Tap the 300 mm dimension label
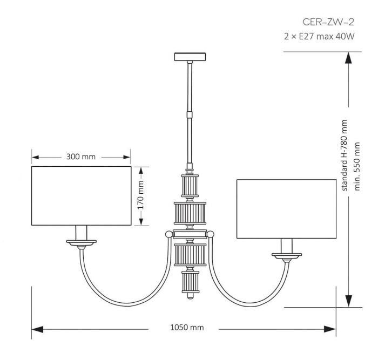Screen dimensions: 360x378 coord(82,157)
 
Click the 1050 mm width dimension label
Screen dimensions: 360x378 coord(183,328)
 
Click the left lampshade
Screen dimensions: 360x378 coord(81,197)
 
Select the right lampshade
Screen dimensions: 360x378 coord(287,209)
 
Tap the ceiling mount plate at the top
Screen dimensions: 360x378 coord(189,56)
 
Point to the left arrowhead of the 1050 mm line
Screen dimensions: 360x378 coord(37,328)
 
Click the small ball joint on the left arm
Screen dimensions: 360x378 coord(168,234)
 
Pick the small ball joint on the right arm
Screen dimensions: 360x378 coord(211,234)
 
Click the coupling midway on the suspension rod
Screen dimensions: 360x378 coord(189,114)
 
